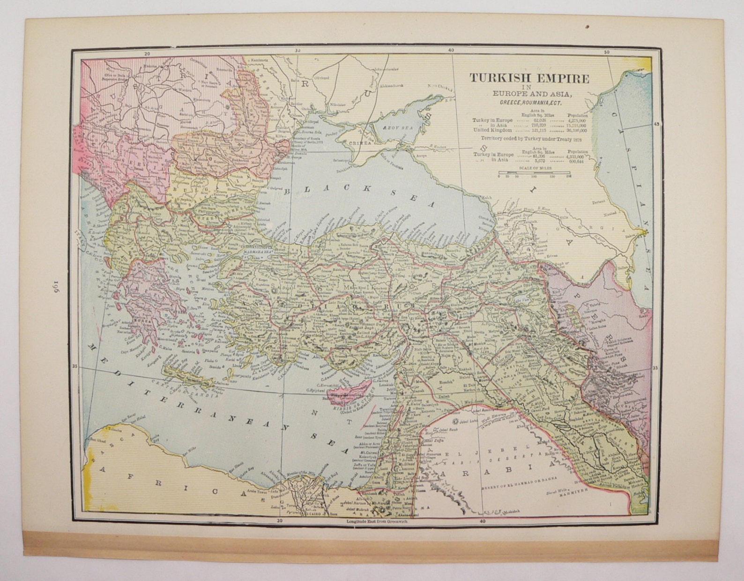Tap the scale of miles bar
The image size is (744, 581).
(x=534, y=173)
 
